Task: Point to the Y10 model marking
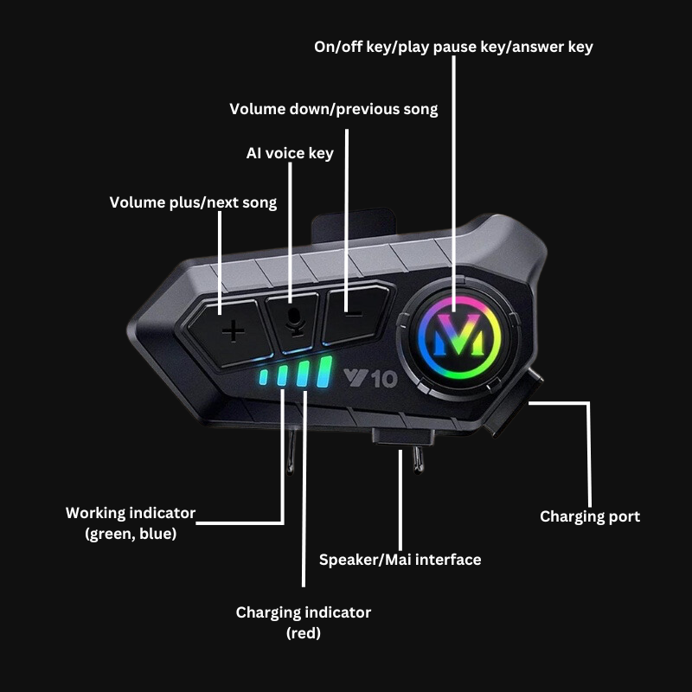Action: coord(369,378)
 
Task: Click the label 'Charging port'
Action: coord(590,516)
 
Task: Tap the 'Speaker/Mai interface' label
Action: coord(400,560)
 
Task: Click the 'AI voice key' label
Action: coord(290,153)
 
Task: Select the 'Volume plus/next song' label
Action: coord(193,202)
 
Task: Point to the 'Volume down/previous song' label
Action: coord(333,109)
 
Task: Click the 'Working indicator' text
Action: coord(131,513)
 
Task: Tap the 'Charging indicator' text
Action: coord(303,612)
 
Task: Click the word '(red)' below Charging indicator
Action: coord(303,633)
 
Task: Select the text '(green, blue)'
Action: coord(131,534)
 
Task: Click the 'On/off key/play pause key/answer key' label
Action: coord(453,47)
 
